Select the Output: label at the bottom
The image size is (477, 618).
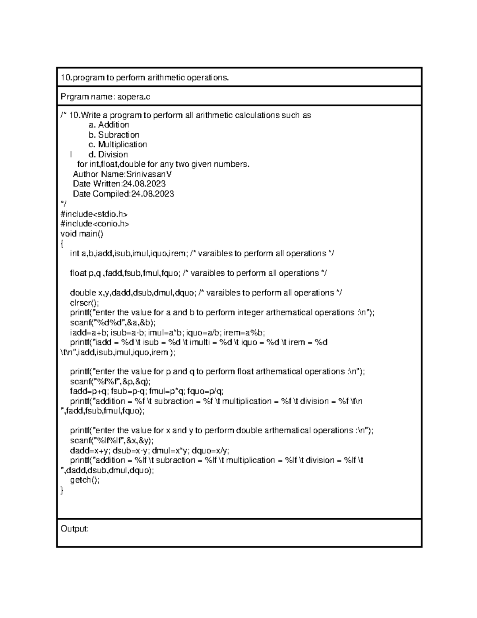(74, 529)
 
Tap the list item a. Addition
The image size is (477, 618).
(109, 125)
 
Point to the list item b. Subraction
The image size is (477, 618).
(114, 135)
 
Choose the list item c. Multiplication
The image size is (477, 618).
(118, 144)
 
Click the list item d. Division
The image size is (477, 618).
(108, 154)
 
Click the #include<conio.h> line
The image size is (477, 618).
(95, 224)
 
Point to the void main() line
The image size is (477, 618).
(81, 234)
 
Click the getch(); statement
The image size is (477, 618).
(85, 480)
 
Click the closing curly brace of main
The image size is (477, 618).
(62, 490)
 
